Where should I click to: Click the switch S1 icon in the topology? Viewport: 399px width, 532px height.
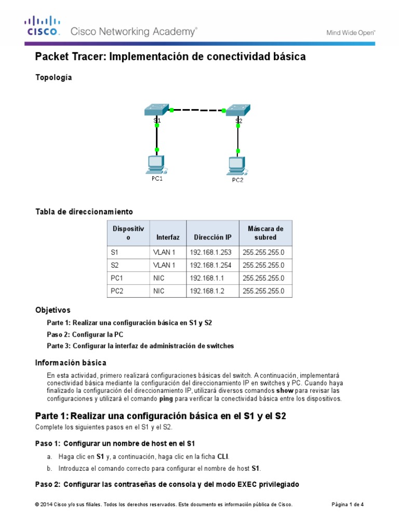click(x=156, y=110)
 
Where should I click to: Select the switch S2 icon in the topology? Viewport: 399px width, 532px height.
click(x=237, y=110)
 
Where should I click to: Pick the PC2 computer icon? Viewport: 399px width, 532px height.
click(x=237, y=166)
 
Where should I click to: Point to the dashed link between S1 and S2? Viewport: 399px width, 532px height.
click(x=197, y=110)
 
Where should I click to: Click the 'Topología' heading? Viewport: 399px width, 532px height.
click(x=53, y=77)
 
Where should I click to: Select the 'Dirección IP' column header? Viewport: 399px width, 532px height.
click(x=212, y=237)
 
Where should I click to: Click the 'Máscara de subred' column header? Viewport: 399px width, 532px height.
click(x=265, y=233)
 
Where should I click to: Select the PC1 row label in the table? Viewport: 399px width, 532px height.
click(x=117, y=278)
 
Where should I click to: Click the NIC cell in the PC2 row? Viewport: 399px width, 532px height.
click(x=159, y=291)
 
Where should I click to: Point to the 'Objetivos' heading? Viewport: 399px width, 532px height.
click(x=52, y=310)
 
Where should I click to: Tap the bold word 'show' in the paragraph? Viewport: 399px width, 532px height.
click(x=285, y=390)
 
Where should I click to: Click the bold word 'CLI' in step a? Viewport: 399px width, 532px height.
click(x=223, y=456)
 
